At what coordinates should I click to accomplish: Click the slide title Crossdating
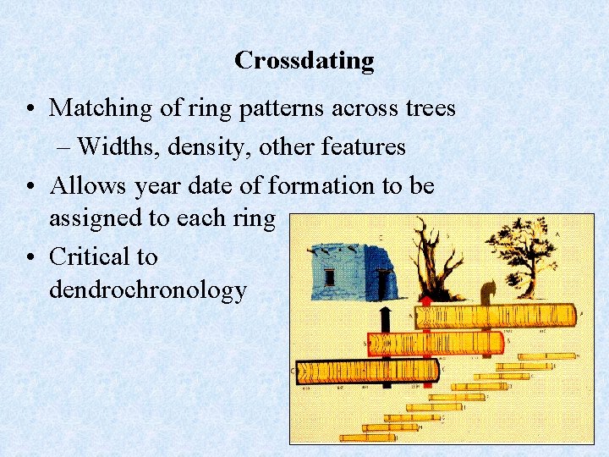point(304,61)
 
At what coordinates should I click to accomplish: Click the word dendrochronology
point(147,289)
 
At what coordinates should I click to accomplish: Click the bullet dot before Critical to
point(30,256)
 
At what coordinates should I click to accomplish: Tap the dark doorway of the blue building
point(383,279)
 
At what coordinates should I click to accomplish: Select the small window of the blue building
point(329,277)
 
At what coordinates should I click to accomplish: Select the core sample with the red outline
point(436,344)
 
